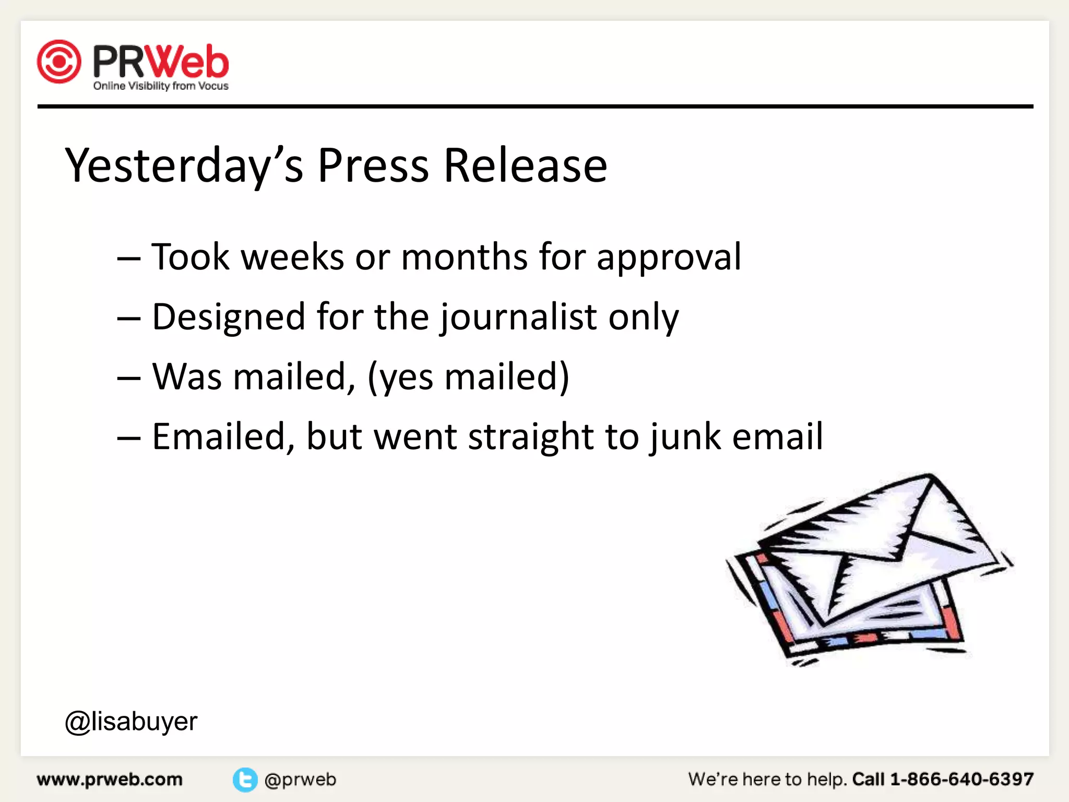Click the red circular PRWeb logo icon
(x=59, y=62)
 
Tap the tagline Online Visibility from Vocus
(x=161, y=86)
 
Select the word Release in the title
(x=525, y=166)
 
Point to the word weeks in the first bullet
(x=292, y=257)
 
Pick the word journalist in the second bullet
(x=518, y=317)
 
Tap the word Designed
(x=229, y=317)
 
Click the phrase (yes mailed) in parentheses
(x=468, y=377)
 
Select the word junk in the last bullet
(x=685, y=438)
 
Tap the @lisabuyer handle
(x=131, y=722)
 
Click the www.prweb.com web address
(x=110, y=780)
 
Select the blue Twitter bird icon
(x=245, y=780)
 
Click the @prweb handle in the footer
(x=300, y=780)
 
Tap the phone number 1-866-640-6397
(x=961, y=780)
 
